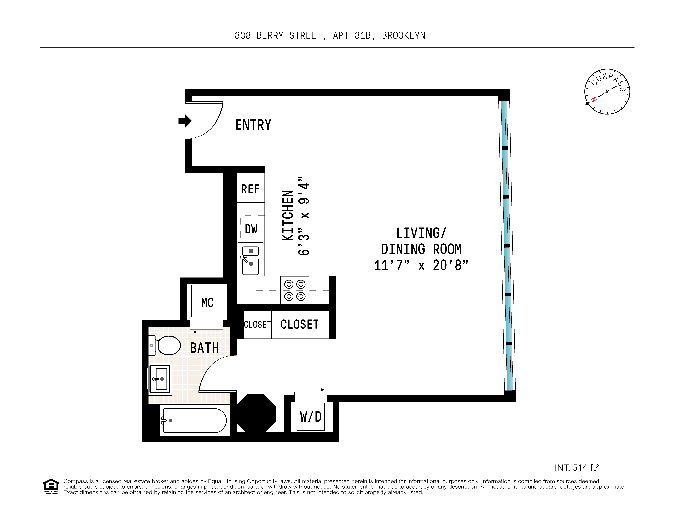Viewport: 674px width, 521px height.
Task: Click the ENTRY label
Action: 253,125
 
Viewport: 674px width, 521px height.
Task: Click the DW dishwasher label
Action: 251,229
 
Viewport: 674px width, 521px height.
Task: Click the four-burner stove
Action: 295,290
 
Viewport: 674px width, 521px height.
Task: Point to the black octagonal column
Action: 256,413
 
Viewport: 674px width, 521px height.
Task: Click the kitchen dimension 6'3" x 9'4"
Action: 304,216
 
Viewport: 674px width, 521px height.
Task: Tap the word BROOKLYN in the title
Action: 403,36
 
